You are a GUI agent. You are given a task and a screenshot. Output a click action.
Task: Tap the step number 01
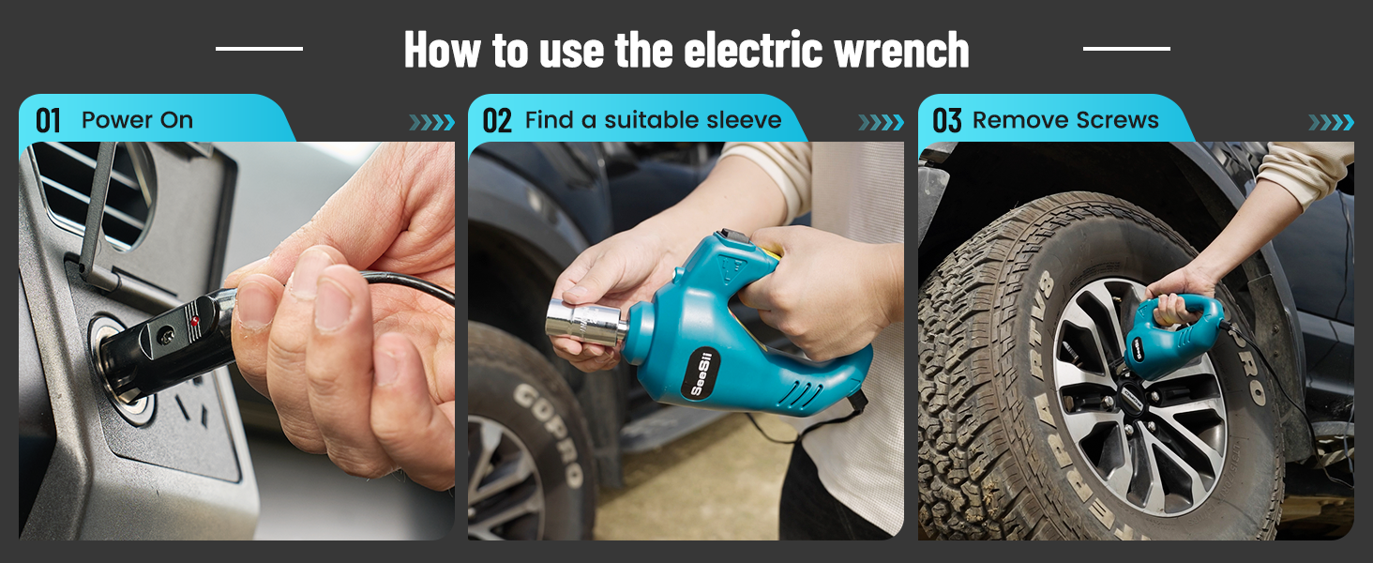[48, 121]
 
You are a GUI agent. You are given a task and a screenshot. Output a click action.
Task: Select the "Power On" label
[137, 120]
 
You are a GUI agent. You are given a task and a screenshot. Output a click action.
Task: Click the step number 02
[497, 121]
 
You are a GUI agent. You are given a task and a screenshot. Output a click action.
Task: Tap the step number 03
[947, 121]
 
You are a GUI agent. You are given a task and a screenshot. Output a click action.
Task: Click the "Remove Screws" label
[1065, 120]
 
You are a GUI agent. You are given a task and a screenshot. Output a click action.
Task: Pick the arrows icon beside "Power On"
[431, 123]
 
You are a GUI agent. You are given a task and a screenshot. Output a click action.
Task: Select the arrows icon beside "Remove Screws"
[1331, 123]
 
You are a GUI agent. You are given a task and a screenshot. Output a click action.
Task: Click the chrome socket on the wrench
[585, 320]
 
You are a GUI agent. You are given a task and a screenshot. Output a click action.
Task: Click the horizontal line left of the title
[259, 48]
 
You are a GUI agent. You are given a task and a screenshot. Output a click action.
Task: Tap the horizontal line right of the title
[1126, 48]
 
